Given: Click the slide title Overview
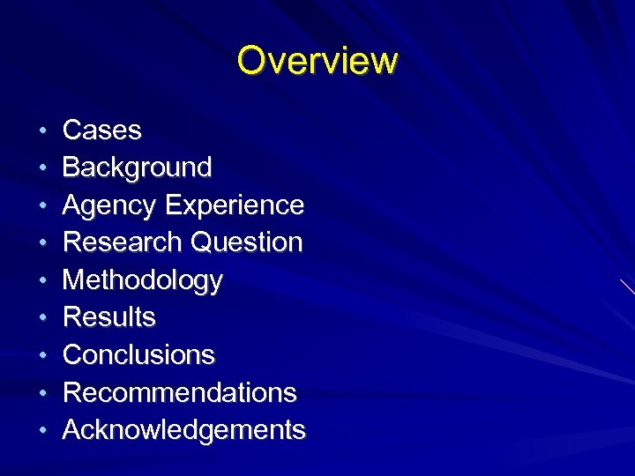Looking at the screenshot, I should coord(317,61).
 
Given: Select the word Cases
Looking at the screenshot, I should coord(102,130).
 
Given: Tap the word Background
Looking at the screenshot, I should coord(138,167).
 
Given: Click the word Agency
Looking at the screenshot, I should coord(110,205).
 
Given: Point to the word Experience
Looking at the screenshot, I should coord(235,205).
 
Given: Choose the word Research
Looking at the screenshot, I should coord(123,242).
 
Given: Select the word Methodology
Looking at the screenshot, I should coord(143,280).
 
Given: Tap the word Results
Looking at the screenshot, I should coord(109,317).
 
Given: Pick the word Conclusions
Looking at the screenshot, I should coord(139,355).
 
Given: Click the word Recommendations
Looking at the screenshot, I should coord(180,392).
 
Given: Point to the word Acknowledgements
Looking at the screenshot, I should coord(184,430).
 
